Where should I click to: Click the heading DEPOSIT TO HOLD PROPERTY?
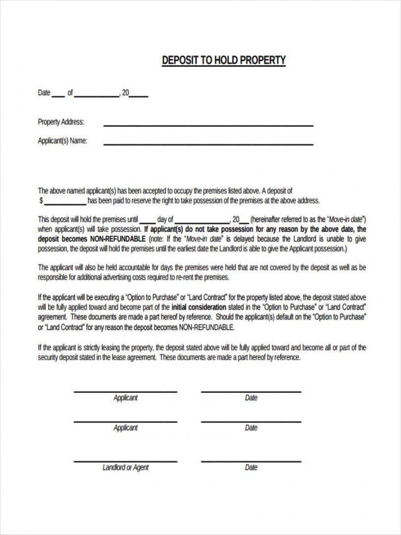224,60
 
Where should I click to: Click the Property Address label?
61,122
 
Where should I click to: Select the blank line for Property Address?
208,125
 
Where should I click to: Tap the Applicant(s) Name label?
62,141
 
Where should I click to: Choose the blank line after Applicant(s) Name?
208,144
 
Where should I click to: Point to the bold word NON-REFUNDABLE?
120,239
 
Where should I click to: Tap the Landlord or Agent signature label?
125,467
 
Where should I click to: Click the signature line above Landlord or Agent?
125,461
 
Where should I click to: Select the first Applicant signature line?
125,391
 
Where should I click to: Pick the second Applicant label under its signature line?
125,428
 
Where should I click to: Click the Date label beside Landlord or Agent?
251,467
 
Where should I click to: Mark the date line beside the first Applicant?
251,391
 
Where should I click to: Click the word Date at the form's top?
44,93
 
